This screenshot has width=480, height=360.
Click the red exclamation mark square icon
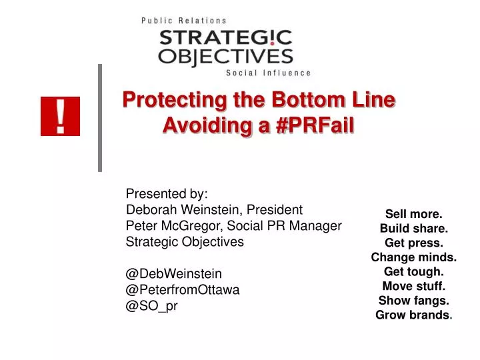tap(60, 116)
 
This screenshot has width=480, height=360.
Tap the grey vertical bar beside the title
tap(100, 117)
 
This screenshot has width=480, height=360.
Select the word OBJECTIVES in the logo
tap(225, 55)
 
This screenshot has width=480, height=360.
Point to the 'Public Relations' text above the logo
tap(184, 21)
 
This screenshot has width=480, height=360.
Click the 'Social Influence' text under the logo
tap(269, 73)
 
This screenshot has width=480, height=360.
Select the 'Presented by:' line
tap(167, 194)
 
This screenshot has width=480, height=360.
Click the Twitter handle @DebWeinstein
tap(174, 273)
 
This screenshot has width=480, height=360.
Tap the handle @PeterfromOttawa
tap(183, 289)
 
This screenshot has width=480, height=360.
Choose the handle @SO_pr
tap(152, 305)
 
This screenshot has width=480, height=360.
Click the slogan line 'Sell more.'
tap(413, 214)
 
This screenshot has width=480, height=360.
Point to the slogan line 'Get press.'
tap(413, 243)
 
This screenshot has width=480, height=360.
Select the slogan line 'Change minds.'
tap(413, 257)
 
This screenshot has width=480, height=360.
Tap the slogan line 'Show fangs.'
tap(413, 301)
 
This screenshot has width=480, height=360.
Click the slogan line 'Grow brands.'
tap(413, 315)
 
